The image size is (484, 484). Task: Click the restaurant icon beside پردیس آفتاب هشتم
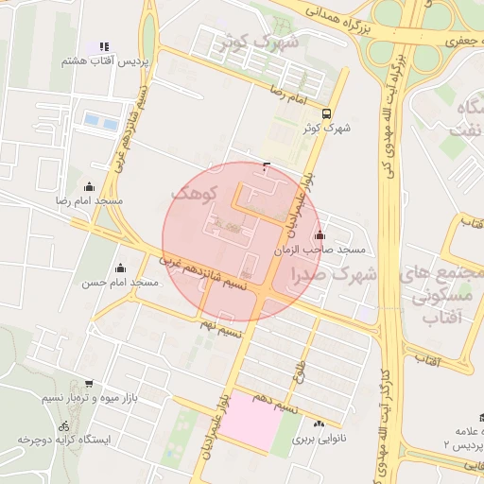[x=104, y=46]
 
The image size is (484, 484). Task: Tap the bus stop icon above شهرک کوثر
[x=326, y=111]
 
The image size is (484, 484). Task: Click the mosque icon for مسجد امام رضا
[x=90, y=186]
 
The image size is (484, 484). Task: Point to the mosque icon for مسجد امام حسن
[x=119, y=268]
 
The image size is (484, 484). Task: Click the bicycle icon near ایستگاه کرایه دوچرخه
[x=63, y=425]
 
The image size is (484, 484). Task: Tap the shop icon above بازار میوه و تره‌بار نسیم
[x=89, y=384]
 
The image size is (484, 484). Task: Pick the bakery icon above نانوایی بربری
[x=319, y=424]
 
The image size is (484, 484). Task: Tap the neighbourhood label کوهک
[x=196, y=193]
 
